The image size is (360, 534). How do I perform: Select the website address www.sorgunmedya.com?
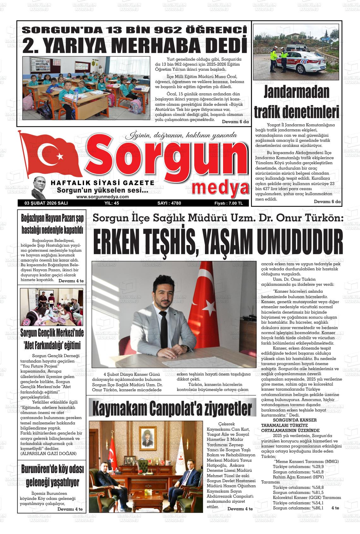pyautogui.click(x=102, y=196)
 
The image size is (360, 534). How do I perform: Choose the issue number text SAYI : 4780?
pyautogui.click(x=169, y=203)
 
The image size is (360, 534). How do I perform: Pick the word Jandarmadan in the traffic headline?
pyautogui.click(x=297, y=92)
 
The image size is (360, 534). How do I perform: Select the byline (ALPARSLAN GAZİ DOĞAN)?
pyautogui.click(x=48, y=453)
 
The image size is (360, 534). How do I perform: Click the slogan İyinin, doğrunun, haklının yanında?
pyautogui.click(x=181, y=135)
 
